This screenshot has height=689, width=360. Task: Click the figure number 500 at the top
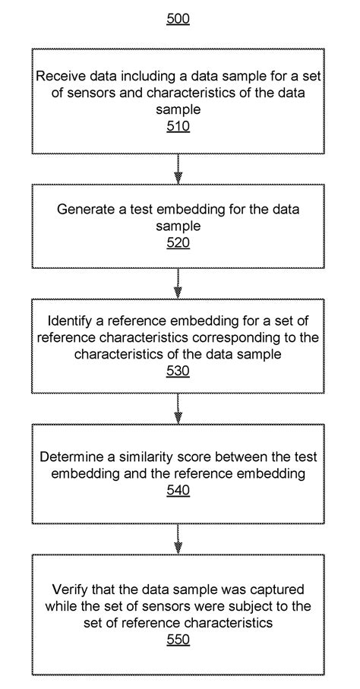click(x=178, y=19)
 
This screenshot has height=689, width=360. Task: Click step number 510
click(x=178, y=125)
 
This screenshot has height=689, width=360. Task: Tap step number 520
click(x=178, y=243)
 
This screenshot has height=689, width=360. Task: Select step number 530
click(x=178, y=371)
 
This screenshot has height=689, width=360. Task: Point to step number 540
click(x=178, y=491)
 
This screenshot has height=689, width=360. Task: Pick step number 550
click(x=178, y=640)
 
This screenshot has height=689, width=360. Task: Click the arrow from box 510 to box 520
click(x=178, y=169)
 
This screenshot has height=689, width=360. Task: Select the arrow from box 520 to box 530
click(x=178, y=282)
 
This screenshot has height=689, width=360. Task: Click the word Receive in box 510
click(x=58, y=77)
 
